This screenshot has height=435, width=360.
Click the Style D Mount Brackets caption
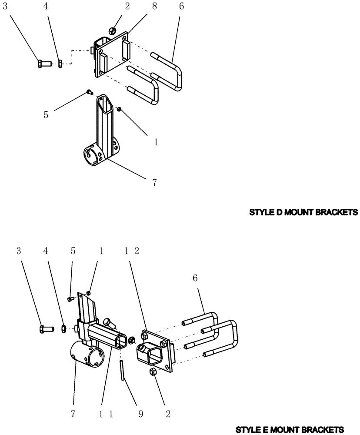pyautogui.click(x=303, y=213)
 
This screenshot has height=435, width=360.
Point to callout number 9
pyautogui.click(x=140, y=415)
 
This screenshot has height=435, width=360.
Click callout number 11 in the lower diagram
pyautogui.click(x=106, y=415)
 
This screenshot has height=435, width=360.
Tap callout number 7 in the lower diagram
pyautogui.click(x=73, y=415)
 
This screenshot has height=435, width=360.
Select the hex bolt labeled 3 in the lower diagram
pyautogui.click(x=46, y=329)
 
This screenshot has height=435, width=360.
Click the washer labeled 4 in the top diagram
pyautogui.click(x=61, y=64)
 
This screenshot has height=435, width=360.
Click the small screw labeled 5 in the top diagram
pyautogui.click(x=89, y=92)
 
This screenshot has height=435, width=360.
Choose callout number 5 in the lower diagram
pyautogui.click(x=73, y=251)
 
